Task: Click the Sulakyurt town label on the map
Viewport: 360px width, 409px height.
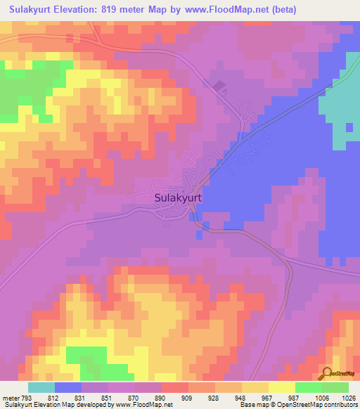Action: point(177,198)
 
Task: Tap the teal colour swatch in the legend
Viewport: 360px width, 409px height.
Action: point(41,387)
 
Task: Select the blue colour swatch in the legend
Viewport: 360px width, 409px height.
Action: point(68,387)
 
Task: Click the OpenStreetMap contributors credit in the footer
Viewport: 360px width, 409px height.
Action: point(318,405)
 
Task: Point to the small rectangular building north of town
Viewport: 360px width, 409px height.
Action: point(219,87)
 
